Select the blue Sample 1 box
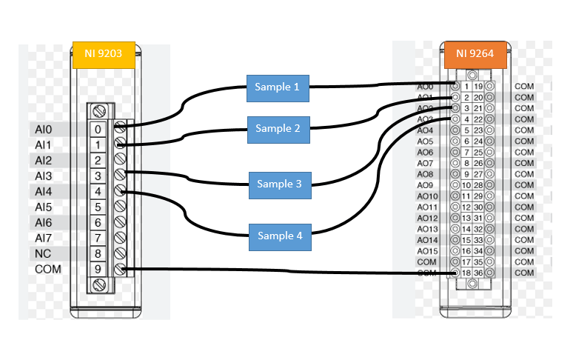coord(278,87)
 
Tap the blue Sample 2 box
coord(278,129)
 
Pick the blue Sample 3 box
coord(280,184)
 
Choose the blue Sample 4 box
coord(280,236)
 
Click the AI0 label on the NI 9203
coord(44,129)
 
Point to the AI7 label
coord(44,238)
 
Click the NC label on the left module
coord(43,253)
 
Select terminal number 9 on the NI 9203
coord(98,270)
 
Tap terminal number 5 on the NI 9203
coord(98,207)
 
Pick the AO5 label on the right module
coord(425,141)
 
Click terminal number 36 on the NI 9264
coord(479,273)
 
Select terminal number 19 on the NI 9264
coord(479,87)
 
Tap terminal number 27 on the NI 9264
coord(479,174)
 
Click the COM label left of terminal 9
coord(48,270)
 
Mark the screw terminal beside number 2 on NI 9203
coord(119,160)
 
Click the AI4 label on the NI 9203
coord(44,191)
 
